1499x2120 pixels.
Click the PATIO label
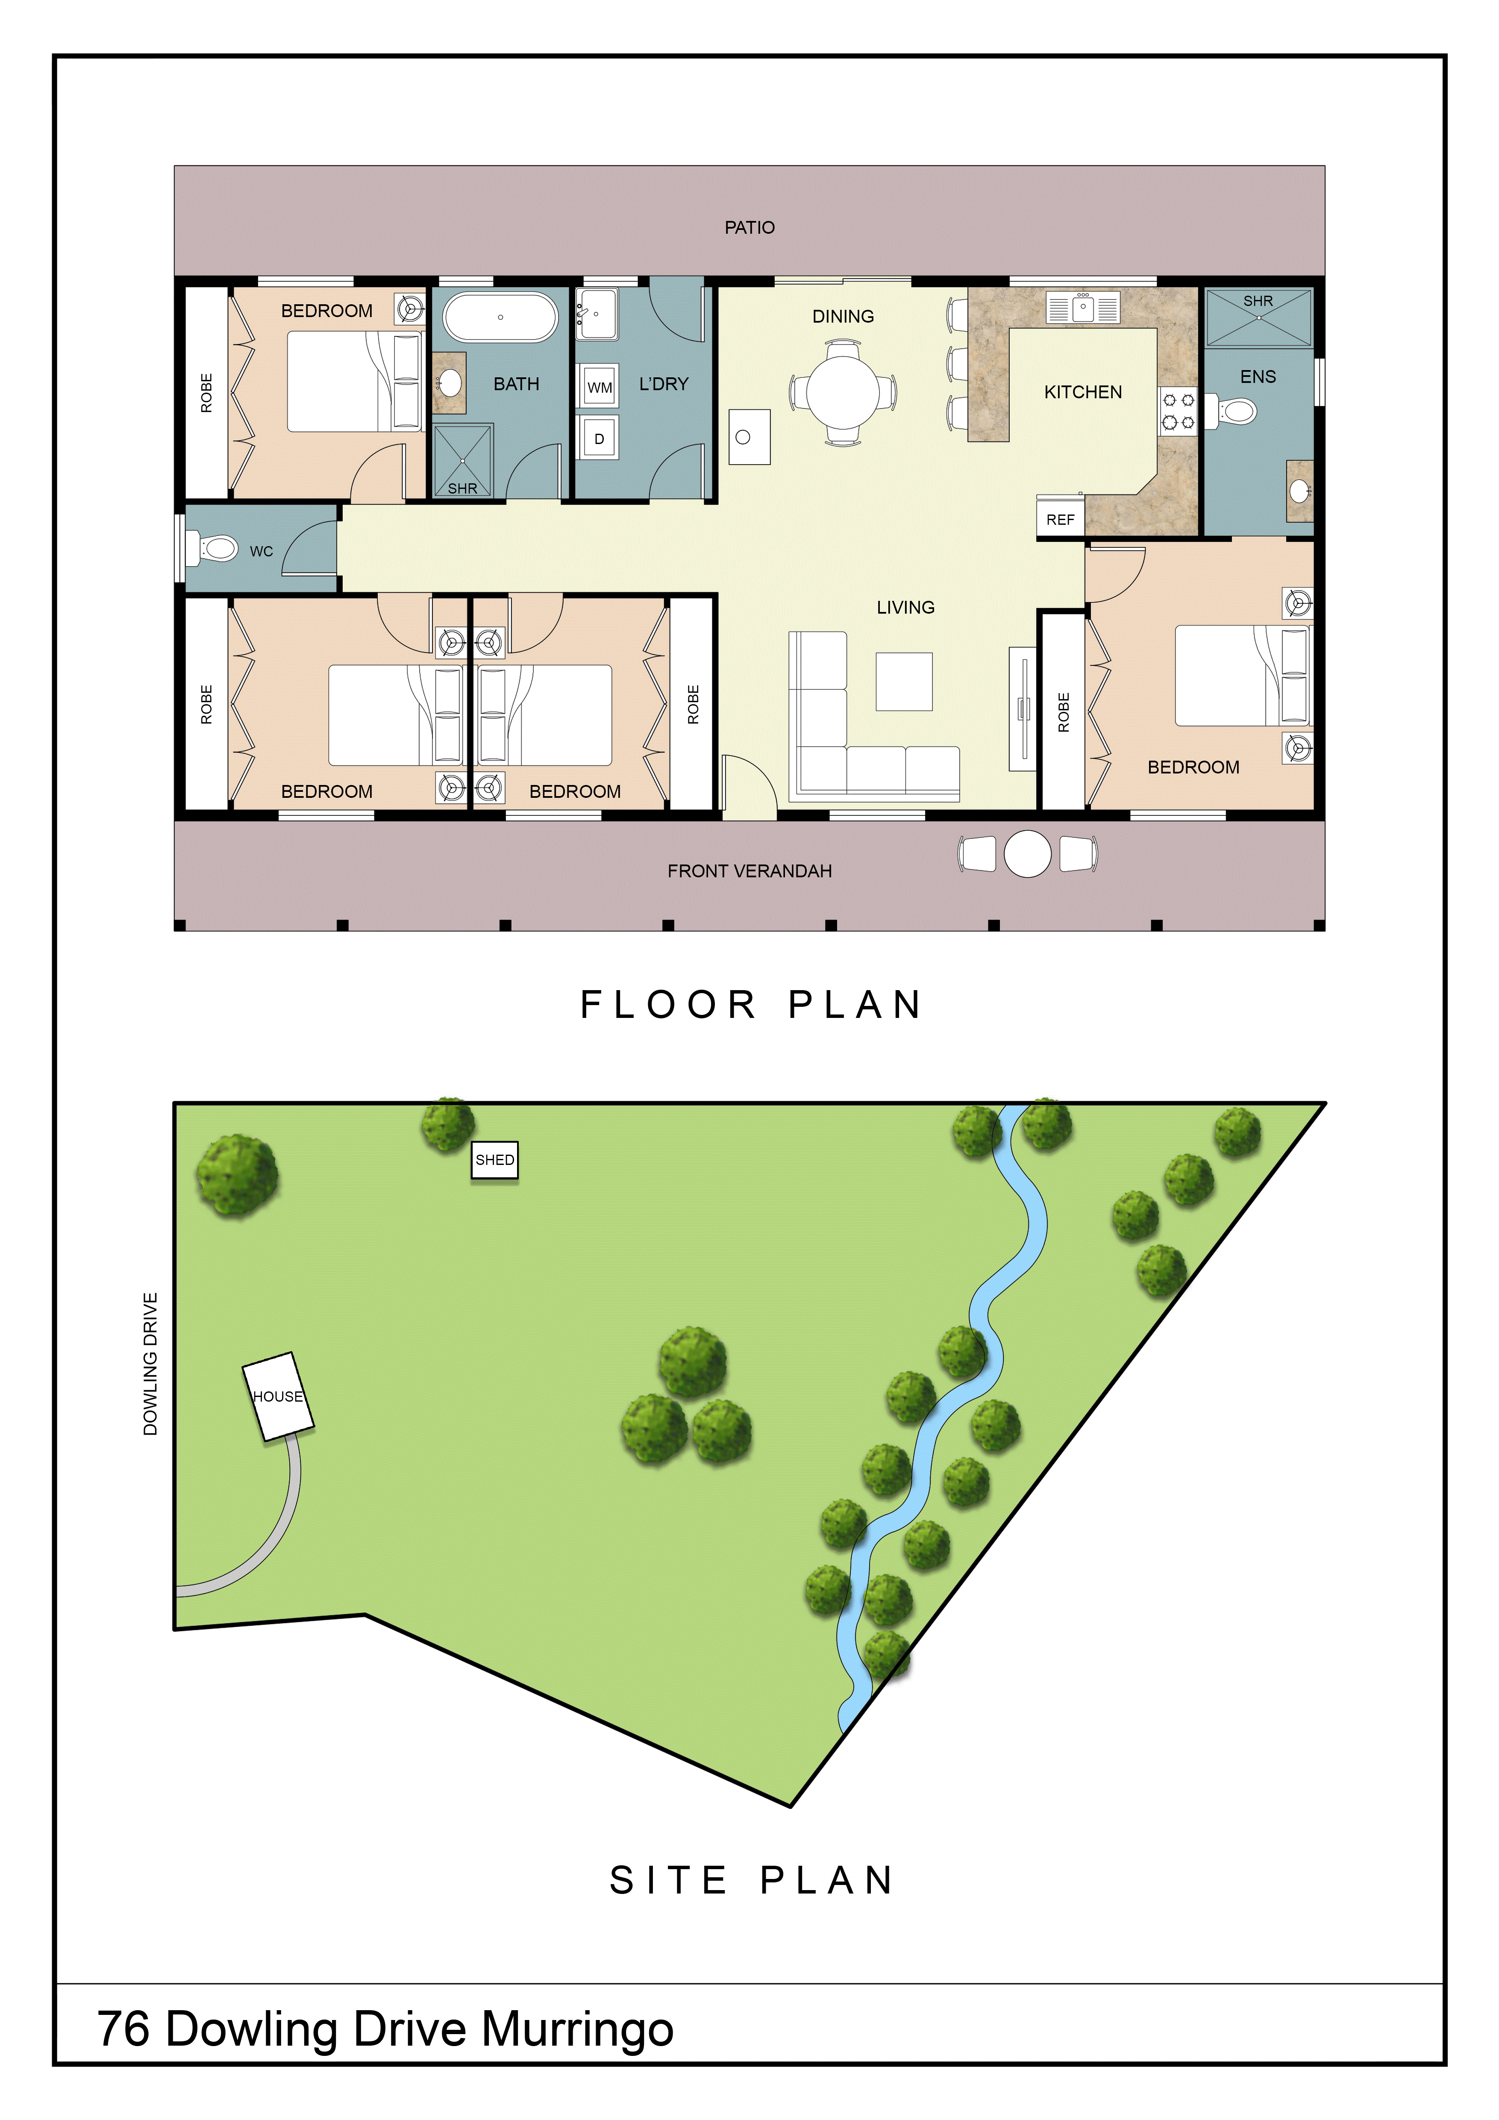point(749,227)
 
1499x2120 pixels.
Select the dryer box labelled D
point(599,438)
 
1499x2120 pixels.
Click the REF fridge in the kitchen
point(1061,519)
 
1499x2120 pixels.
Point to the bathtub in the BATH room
point(500,317)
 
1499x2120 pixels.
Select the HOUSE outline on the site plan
point(278,1396)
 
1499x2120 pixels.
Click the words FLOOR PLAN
point(750,1005)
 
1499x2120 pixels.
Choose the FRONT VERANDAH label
point(749,871)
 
